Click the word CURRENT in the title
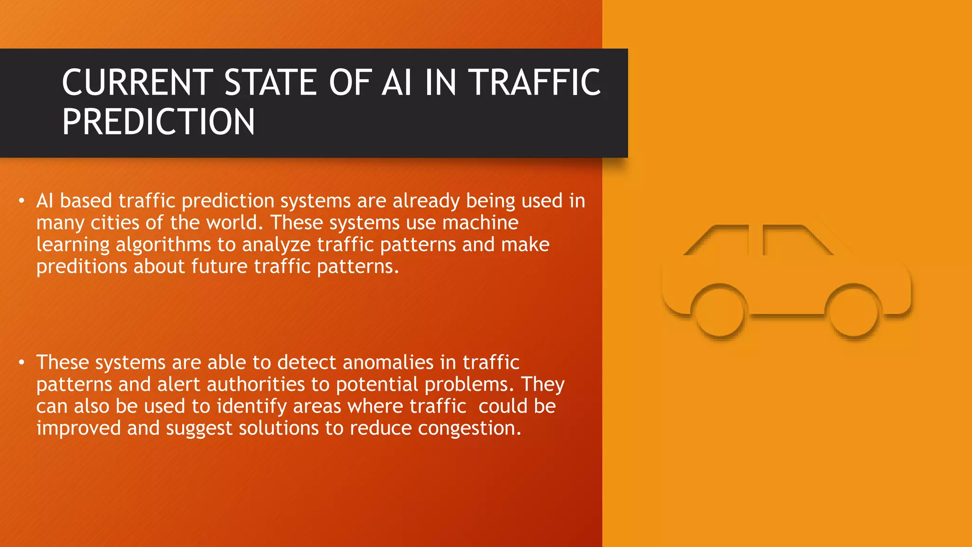coord(138,83)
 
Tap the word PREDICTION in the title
coord(159,122)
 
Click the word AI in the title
coord(397,83)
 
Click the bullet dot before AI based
coord(21,201)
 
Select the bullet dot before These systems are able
coord(21,363)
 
